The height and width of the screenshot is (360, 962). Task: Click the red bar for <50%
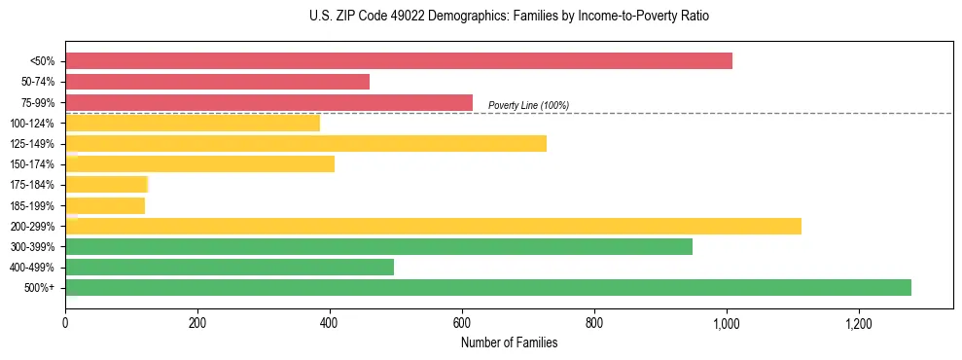click(399, 61)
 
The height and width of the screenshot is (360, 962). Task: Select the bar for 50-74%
click(217, 82)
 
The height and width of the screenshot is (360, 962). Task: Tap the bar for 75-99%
click(268, 102)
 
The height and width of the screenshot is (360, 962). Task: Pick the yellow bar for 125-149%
click(305, 143)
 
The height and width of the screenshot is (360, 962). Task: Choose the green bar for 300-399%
click(378, 246)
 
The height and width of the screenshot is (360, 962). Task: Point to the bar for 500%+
click(488, 287)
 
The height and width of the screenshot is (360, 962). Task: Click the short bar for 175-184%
click(106, 185)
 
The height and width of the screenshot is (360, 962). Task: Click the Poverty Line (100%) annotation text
click(528, 105)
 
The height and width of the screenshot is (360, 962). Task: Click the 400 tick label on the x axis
click(330, 323)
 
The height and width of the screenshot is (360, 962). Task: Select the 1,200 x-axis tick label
click(859, 323)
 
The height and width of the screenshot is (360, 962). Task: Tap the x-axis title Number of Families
click(509, 342)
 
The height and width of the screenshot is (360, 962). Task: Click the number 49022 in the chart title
click(379, 17)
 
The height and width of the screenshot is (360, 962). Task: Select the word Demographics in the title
click(434, 17)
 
